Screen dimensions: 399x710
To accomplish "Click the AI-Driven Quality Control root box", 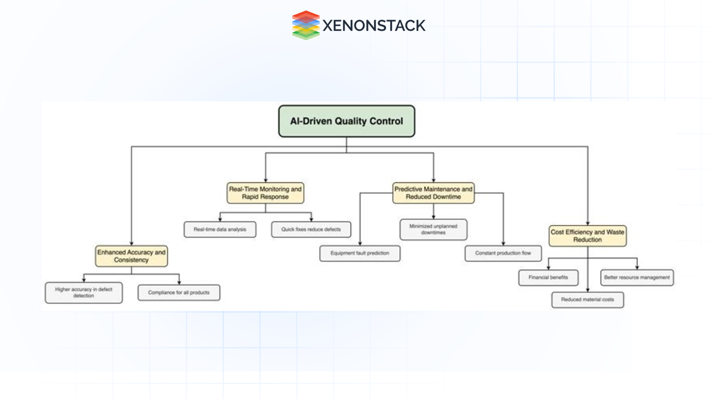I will coord(346,121).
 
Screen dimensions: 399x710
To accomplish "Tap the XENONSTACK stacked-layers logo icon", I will coord(306,25).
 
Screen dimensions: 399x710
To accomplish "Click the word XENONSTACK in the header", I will coord(374,25).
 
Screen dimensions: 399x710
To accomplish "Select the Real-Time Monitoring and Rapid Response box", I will coord(265,193).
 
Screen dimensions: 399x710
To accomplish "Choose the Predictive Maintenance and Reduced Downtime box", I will coord(433,193).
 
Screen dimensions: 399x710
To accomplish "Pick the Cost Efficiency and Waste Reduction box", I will coord(588,236).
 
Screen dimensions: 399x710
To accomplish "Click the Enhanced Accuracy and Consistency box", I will coord(131,256).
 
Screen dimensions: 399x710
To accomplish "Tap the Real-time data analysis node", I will coord(220,229).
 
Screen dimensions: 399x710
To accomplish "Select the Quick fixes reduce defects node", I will coord(311,229).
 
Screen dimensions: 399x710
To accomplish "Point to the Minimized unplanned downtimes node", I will coord(433,229).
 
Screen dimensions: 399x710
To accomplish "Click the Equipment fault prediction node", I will coord(360,253).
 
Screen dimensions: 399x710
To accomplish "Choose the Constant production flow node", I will coord(503,253).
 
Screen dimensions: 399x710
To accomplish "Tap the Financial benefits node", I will coord(548,277).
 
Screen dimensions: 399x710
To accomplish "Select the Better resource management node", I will coord(637,277).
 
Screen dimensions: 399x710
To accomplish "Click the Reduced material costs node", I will coord(588,300).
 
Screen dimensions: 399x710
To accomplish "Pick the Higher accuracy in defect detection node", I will coord(84,293).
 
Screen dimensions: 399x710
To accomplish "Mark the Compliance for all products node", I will coord(179,293).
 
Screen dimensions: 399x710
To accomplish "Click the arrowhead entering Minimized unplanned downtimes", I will coord(433,217).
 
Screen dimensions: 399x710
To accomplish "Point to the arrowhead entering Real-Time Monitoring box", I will coord(266,180).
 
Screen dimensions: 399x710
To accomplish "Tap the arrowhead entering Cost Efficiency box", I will coord(588,223).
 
